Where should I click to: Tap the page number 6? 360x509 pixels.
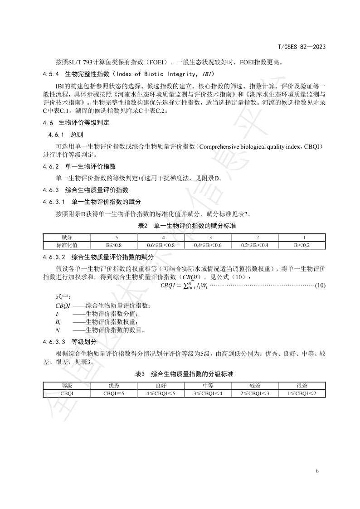(x=317, y=470)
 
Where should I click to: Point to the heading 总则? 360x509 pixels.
(x=77, y=135)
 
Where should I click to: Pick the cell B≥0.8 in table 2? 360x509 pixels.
(x=114, y=245)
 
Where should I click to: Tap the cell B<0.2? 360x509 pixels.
(x=302, y=245)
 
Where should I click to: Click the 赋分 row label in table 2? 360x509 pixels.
(x=67, y=238)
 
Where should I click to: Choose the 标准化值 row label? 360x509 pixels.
(x=67, y=245)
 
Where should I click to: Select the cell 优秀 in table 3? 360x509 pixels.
(x=114, y=386)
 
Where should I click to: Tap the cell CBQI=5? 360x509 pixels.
(x=114, y=393)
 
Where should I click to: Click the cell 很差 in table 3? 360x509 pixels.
(x=302, y=386)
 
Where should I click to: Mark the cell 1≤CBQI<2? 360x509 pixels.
(x=302, y=393)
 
